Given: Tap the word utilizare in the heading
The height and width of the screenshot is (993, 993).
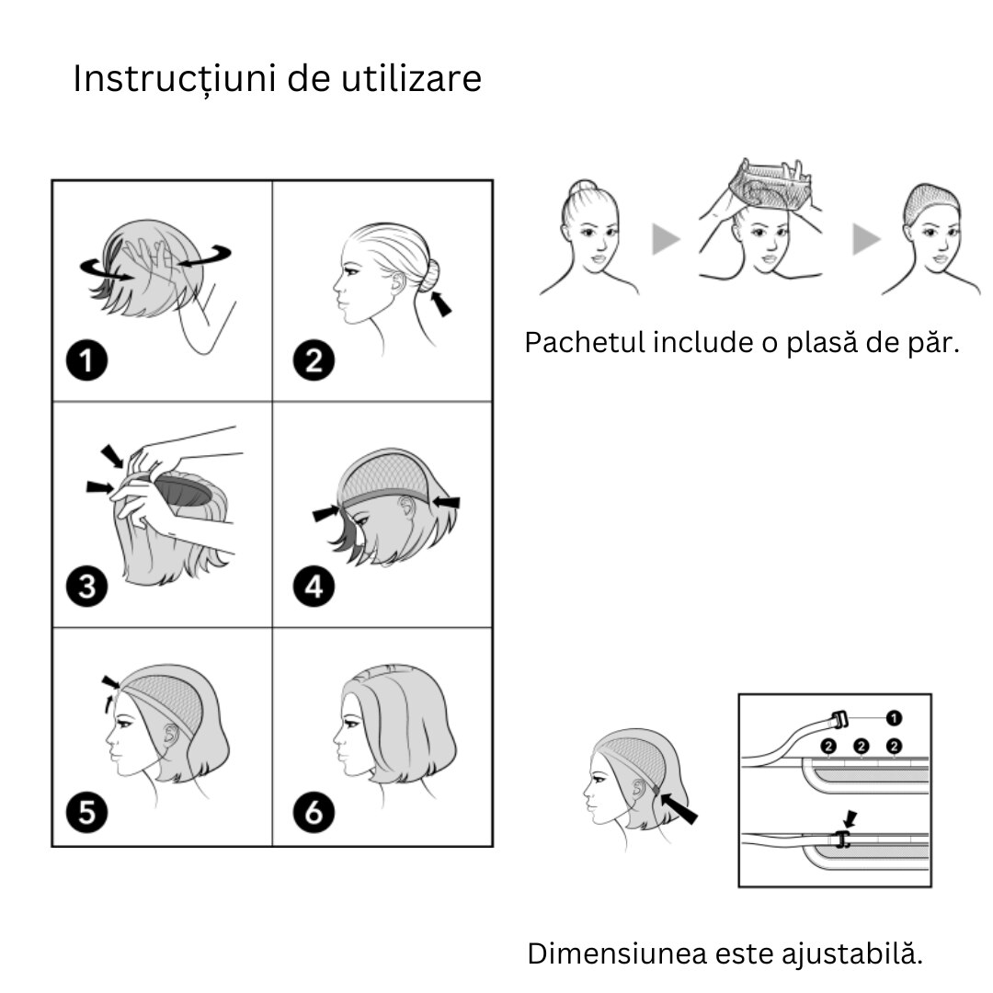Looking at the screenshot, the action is pyautogui.click(x=411, y=78).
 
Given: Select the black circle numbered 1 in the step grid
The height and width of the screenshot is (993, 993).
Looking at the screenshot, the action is pyautogui.click(x=86, y=360).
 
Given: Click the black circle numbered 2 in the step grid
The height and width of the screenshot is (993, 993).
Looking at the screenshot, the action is pyautogui.click(x=314, y=360).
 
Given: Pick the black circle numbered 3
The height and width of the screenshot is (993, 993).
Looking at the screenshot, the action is pyautogui.click(x=86, y=587).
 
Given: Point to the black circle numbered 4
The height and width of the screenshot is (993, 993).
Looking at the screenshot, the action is pyautogui.click(x=314, y=587).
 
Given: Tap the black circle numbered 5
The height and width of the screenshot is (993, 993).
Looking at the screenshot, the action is pyautogui.click(x=86, y=813).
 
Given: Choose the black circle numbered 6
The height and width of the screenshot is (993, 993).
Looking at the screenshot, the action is pyautogui.click(x=314, y=813).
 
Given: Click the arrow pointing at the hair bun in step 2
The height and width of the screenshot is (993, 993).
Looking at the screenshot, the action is pyautogui.click(x=441, y=303).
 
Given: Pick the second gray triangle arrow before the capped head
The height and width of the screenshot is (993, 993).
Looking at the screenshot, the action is pyautogui.click(x=866, y=239).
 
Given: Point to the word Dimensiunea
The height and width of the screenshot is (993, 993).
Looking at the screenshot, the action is pyautogui.click(x=617, y=953).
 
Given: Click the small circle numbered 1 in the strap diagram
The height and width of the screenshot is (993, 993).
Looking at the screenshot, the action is pyautogui.click(x=894, y=718).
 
